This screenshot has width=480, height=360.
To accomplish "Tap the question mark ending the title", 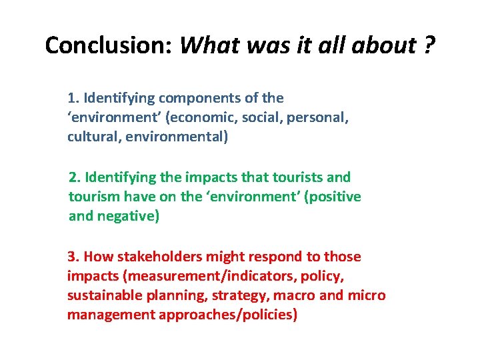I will point(429,45).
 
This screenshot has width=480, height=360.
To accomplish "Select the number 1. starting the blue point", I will point(73,98).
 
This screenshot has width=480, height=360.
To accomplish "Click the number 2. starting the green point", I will point(75,177).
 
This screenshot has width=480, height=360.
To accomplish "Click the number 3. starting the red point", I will point(73,257).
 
